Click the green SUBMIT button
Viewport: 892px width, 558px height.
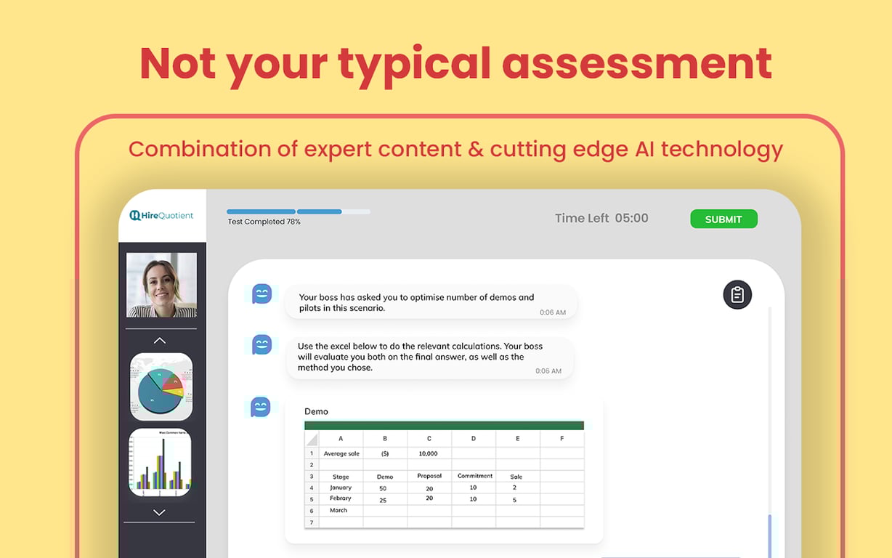click(x=723, y=219)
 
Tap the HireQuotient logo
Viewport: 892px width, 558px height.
click(x=162, y=215)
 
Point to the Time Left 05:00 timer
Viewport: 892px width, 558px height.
click(x=601, y=218)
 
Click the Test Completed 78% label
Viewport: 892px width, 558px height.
click(x=264, y=222)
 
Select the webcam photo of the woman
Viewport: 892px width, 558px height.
click(x=161, y=285)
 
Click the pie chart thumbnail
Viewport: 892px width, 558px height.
click(x=161, y=387)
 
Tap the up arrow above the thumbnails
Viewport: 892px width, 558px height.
click(x=160, y=340)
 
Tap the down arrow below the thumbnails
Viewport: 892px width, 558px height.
click(x=159, y=512)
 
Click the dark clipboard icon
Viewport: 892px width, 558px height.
click(x=737, y=294)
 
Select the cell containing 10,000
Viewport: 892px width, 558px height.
click(x=429, y=453)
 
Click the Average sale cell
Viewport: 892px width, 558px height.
click(x=341, y=453)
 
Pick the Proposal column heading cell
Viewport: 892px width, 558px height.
click(x=429, y=476)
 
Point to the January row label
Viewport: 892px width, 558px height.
click(x=340, y=488)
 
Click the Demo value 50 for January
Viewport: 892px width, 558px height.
click(x=383, y=488)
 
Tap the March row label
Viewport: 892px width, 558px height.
click(x=338, y=510)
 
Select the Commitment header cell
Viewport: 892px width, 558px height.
click(x=474, y=476)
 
